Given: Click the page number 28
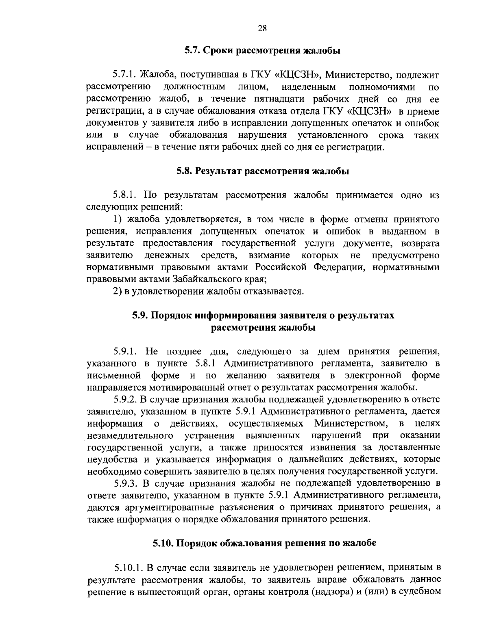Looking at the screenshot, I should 262,28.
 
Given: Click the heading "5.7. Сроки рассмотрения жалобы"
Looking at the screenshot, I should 262,51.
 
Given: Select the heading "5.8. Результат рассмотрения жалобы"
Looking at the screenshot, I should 262,171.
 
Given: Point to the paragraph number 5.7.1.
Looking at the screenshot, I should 124,75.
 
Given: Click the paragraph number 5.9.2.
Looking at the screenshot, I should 126,399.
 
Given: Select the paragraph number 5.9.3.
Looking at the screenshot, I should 126,483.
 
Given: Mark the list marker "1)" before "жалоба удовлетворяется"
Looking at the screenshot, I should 118,219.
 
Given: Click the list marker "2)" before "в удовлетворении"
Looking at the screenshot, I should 118,292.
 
